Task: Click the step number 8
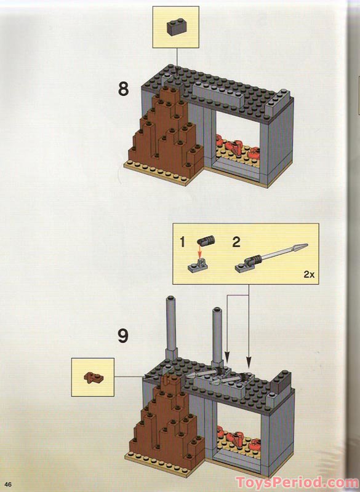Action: (124, 89)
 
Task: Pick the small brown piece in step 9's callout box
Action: (94, 375)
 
